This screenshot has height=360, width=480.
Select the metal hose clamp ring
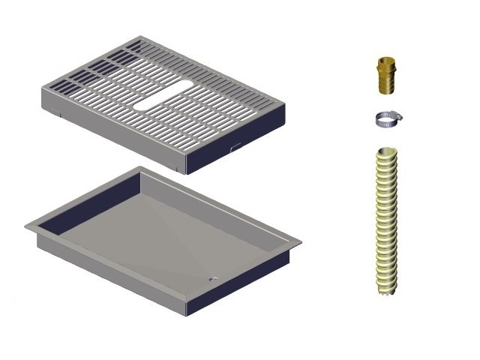pyautogui.click(x=385, y=118)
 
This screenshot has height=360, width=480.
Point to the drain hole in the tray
pyautogui.click(x=214, y=279)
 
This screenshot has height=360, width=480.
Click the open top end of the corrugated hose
pyautogui.click(x=387, y=152)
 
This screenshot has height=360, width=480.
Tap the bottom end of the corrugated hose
pyautogui.click(x=387, y=289)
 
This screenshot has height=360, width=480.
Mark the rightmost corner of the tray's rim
pyautogui.click(x=301, y=241)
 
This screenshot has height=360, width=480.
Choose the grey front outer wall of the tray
pyautogui.click(x=112, y=277)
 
